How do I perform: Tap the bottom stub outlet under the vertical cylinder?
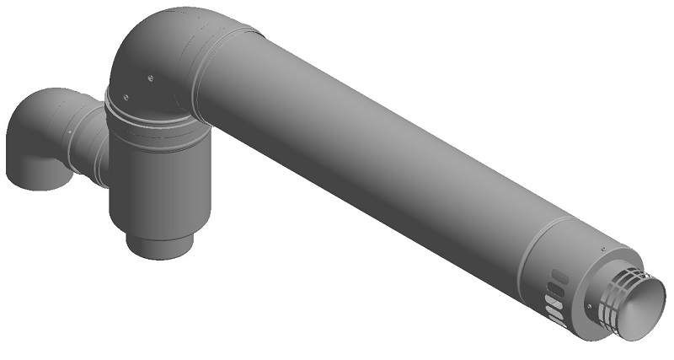pyautogui.click(x=161, y=244)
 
